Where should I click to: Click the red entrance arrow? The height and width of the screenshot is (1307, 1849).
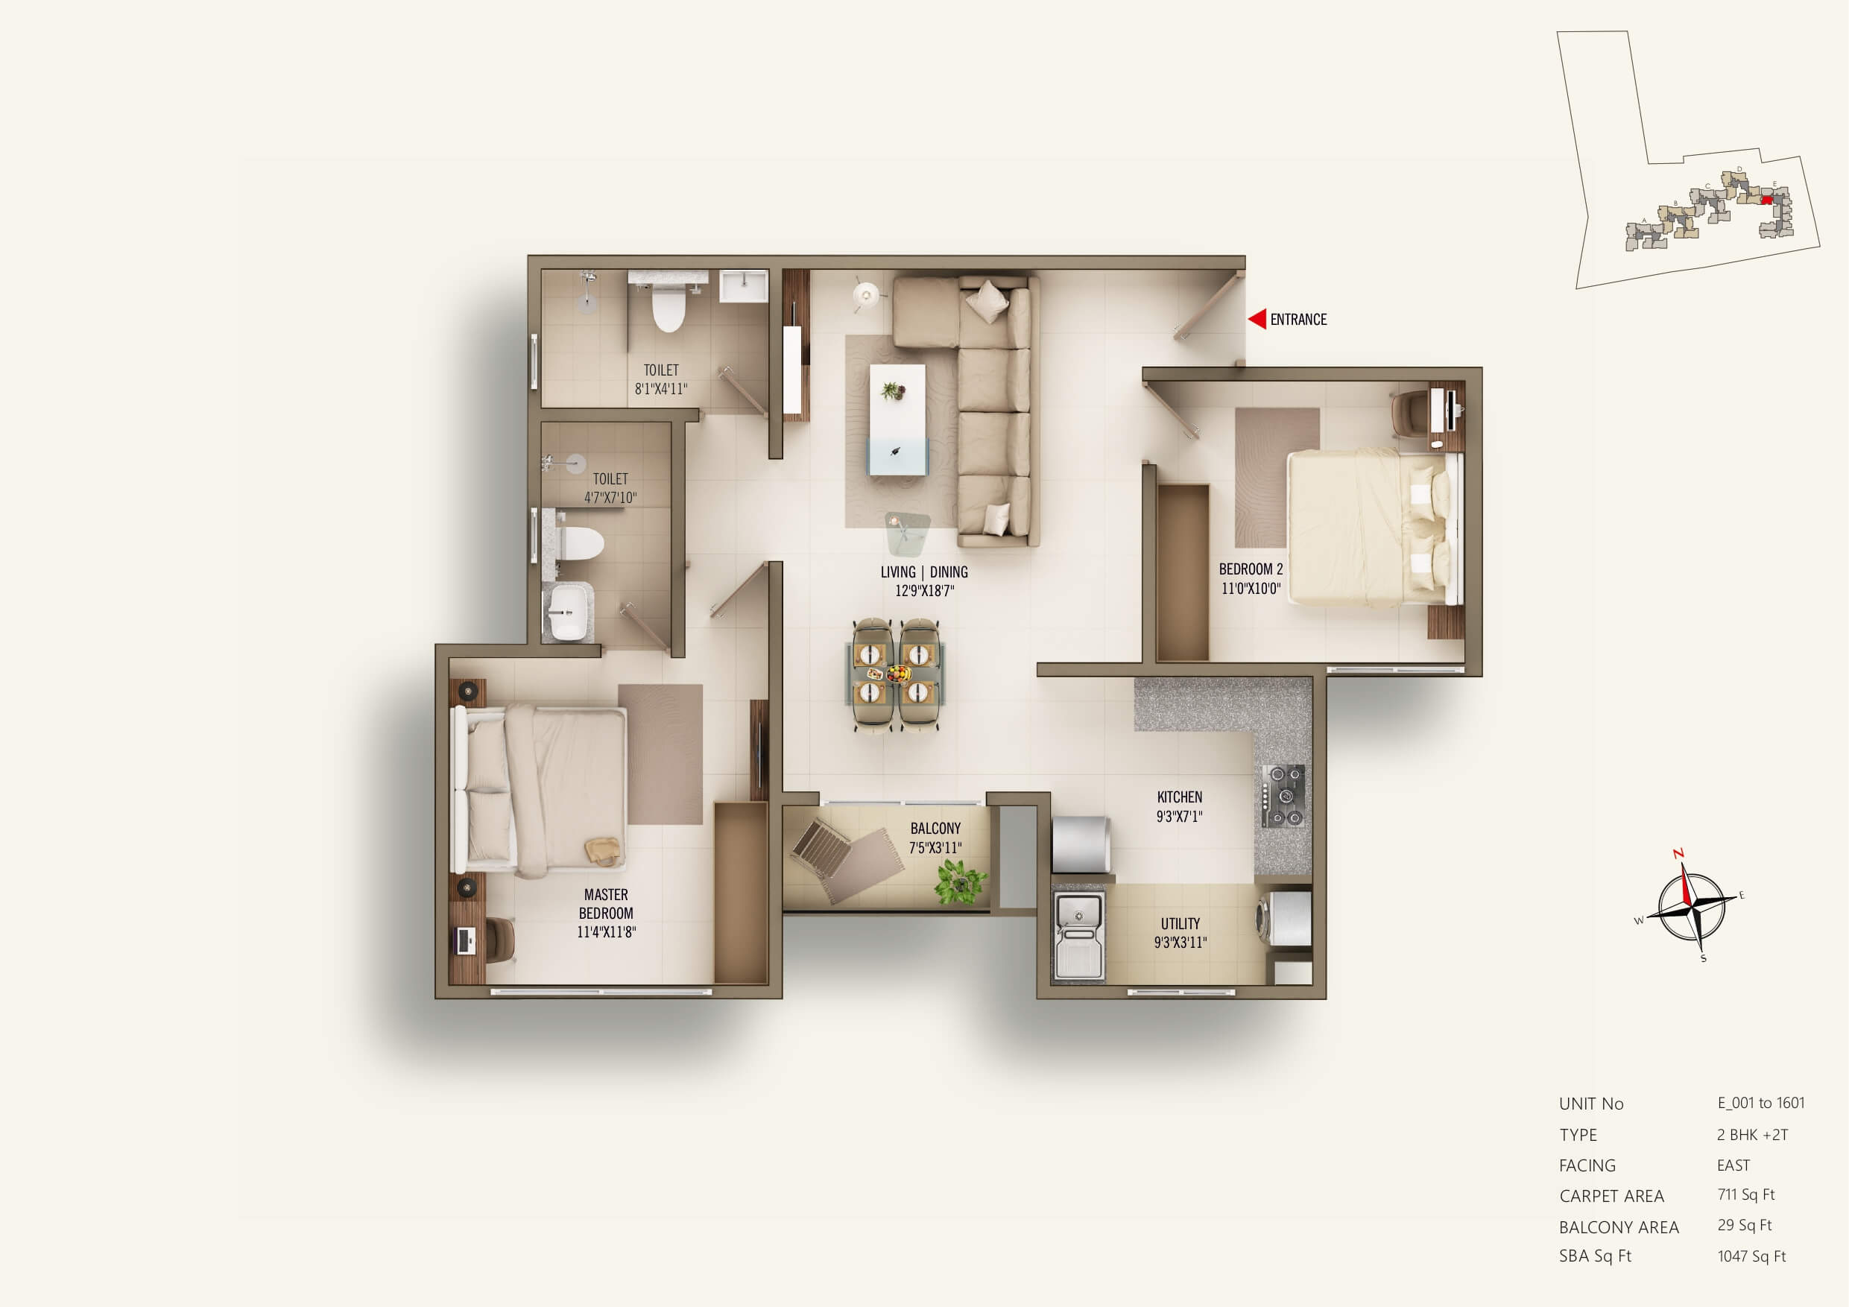[1257, 319]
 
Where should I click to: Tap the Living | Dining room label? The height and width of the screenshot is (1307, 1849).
[923, 572]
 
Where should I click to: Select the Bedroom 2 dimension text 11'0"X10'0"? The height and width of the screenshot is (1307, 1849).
[1251, 589]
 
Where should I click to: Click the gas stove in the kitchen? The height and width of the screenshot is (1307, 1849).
[1283, 796]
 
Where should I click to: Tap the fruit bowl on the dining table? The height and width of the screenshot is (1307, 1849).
[899, 672]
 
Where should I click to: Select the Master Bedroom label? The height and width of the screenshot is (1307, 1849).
[606, 904]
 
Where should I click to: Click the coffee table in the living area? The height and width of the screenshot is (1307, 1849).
[897, 420]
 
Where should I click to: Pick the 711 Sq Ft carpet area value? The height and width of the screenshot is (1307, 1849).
[1746, 1194]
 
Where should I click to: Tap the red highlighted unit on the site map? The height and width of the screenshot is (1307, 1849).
[1767, 200]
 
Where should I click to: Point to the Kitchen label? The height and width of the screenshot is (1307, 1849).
[1179, 797]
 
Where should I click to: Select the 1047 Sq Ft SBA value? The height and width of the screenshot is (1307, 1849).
[1751, 1256]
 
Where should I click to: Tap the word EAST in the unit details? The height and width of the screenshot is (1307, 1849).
[1733, 1165]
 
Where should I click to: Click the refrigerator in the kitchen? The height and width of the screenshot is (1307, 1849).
[1081, 844]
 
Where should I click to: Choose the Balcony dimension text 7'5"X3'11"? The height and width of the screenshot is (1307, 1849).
[935, 848]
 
